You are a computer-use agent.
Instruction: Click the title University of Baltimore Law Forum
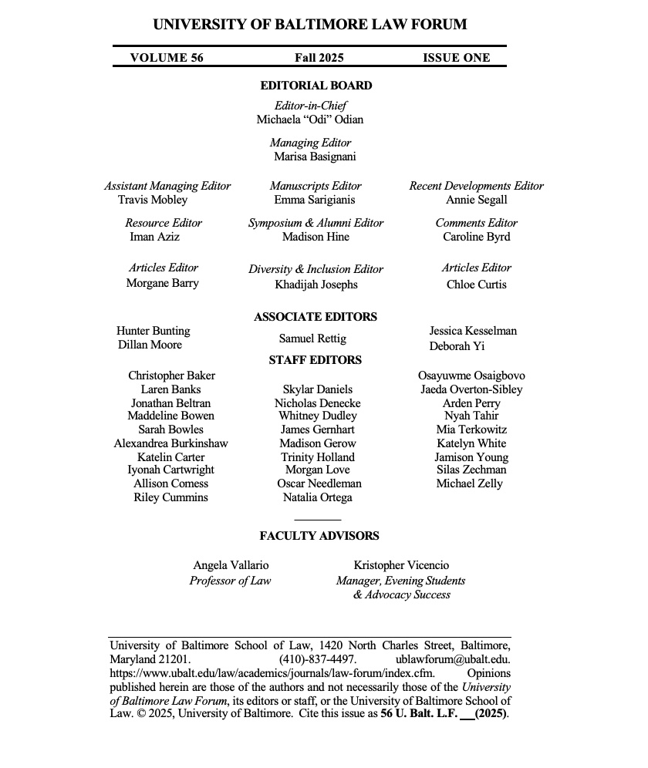(x=309, y=24)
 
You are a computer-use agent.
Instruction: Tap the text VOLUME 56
(x=167, y=57)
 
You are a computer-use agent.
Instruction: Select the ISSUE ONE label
(x=456, y=57)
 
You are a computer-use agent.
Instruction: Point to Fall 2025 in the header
(x=319, y=57)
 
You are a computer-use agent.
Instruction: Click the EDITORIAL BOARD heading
(x=316, y=86)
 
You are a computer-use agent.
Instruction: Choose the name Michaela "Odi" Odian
(x=310, y=120)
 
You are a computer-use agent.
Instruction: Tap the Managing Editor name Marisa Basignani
(x=315, y=157)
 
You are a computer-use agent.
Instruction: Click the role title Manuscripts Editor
(x=316, y=186)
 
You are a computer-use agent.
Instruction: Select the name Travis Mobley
(x=153, y=200)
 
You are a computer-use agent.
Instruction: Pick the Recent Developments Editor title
(x=476, y=186)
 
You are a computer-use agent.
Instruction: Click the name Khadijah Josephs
(x=316, y=285)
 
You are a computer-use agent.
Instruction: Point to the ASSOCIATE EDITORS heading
(x=316, y=317)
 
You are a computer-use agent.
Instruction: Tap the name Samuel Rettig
(x=312, y=339)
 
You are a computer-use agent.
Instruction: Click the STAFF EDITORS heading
(x=315, y=360)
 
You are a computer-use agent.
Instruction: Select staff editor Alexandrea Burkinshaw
(x=170, y=443)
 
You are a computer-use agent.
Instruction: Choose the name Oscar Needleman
(x=319, y=483)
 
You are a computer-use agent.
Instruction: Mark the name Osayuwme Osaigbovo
(x=471, y=376)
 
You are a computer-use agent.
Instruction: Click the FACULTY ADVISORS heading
(x=319, y=536)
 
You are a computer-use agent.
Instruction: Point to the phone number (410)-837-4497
(x=318, y=659)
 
